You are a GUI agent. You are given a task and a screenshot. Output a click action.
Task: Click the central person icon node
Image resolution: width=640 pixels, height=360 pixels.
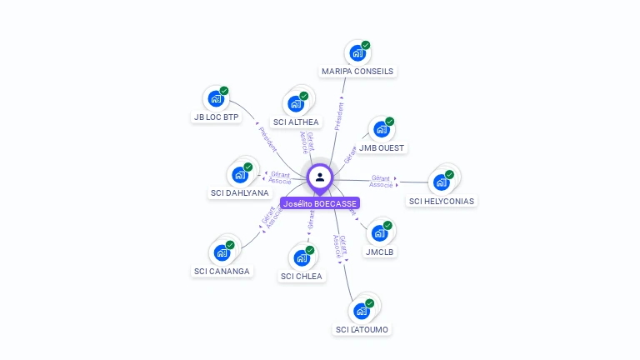[x=320, y=177]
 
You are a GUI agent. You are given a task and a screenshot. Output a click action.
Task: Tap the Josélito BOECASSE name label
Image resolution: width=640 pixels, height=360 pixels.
[x=320, y=203]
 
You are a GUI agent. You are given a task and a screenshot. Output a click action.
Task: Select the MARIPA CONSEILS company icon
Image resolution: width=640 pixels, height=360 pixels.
[x=357, y=53]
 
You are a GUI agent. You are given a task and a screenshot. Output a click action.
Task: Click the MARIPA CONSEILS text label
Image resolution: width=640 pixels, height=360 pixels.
[x=357, y=72]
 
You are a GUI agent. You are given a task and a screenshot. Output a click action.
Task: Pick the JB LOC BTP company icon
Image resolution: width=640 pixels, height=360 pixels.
[x=216, y=99]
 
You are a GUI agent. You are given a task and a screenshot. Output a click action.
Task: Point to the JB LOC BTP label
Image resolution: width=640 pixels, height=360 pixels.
[x=217, y=117]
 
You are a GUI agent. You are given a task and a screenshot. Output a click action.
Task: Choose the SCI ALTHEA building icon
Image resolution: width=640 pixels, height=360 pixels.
[x=296, y=104]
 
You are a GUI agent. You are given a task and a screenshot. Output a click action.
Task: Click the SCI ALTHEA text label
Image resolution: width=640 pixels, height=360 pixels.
[x=296, y=122]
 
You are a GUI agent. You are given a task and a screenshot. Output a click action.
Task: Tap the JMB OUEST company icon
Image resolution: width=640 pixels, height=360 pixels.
[x=382, y=129]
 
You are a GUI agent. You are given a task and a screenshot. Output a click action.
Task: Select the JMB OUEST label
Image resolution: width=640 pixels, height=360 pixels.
[x=382, y=148]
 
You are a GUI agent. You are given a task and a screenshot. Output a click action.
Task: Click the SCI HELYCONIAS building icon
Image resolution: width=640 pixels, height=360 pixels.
[x=441, y=182]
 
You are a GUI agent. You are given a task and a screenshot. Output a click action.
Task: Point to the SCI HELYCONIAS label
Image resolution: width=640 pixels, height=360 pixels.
[x=442, y=201]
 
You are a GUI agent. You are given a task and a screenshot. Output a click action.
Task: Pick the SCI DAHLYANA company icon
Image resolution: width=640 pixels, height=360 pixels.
[x=240, y=175]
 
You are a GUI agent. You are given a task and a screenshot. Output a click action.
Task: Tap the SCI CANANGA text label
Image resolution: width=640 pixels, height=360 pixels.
[x=222, y=271]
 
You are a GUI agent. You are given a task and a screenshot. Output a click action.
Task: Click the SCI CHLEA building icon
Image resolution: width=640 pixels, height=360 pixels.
[x=301, y=257]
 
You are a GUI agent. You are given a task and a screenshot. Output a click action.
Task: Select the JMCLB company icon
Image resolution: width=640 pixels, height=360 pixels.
[x=379, y=233]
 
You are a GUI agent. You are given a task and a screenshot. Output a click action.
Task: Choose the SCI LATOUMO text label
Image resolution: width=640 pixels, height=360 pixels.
[x=362, y=329]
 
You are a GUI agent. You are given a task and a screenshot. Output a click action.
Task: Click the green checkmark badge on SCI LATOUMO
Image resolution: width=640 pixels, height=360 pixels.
[x=369, y=303]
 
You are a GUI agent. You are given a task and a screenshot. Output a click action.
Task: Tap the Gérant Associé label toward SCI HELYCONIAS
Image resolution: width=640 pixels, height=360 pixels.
[x=382, y=181]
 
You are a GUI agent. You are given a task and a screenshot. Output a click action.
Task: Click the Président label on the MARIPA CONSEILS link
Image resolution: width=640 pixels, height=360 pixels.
[x=339, y=117]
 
